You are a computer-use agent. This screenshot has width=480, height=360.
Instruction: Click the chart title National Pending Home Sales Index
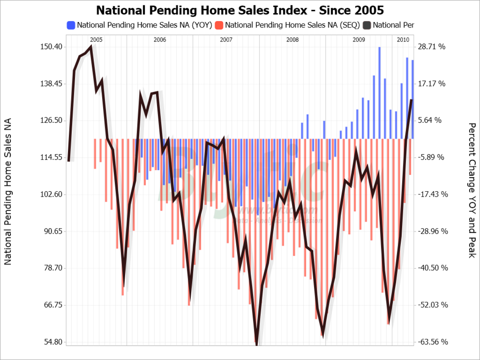(240, 10)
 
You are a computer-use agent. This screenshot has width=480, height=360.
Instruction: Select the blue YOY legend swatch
(71, 25)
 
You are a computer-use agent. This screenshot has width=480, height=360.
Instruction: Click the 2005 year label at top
(96, 40)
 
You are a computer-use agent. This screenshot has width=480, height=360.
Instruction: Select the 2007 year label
(226, 40)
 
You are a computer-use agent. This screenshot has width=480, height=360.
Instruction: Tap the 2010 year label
(403, 40)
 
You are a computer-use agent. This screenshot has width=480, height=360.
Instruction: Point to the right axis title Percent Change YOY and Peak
(472, 190)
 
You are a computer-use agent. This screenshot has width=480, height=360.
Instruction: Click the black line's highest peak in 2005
(91, 47)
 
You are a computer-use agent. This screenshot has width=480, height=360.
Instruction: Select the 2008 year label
(292, 40)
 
